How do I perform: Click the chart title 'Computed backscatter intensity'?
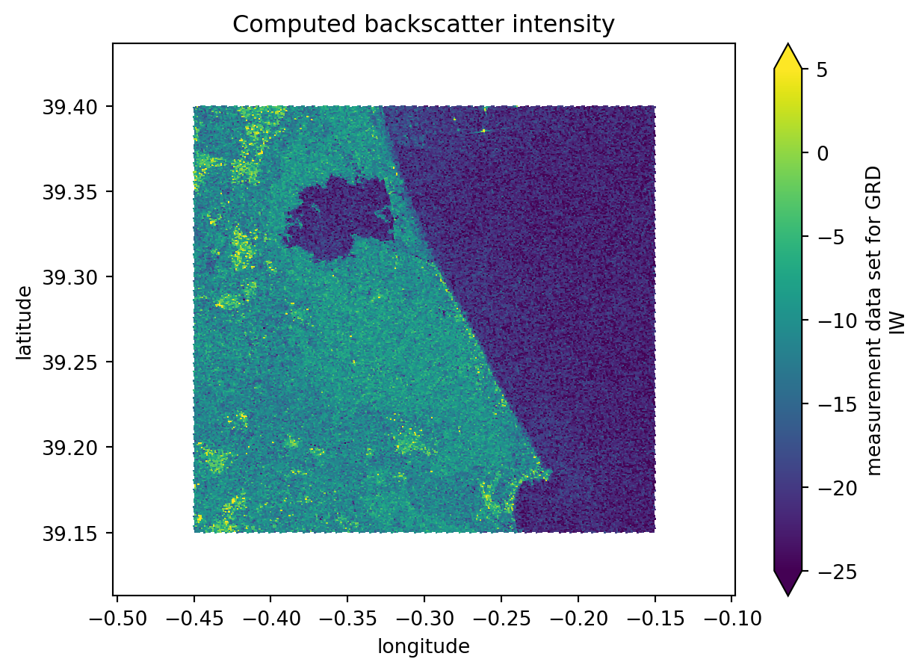tap(424, 25)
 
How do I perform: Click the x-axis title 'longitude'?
tap(424, 646)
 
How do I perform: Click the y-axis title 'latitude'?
tap(25, 322)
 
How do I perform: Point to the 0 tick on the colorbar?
tap(815, 153)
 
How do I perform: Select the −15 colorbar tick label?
tap(825, 403)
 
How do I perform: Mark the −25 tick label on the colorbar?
tap(825, 571)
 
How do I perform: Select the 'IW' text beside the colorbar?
tap(899, 322)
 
